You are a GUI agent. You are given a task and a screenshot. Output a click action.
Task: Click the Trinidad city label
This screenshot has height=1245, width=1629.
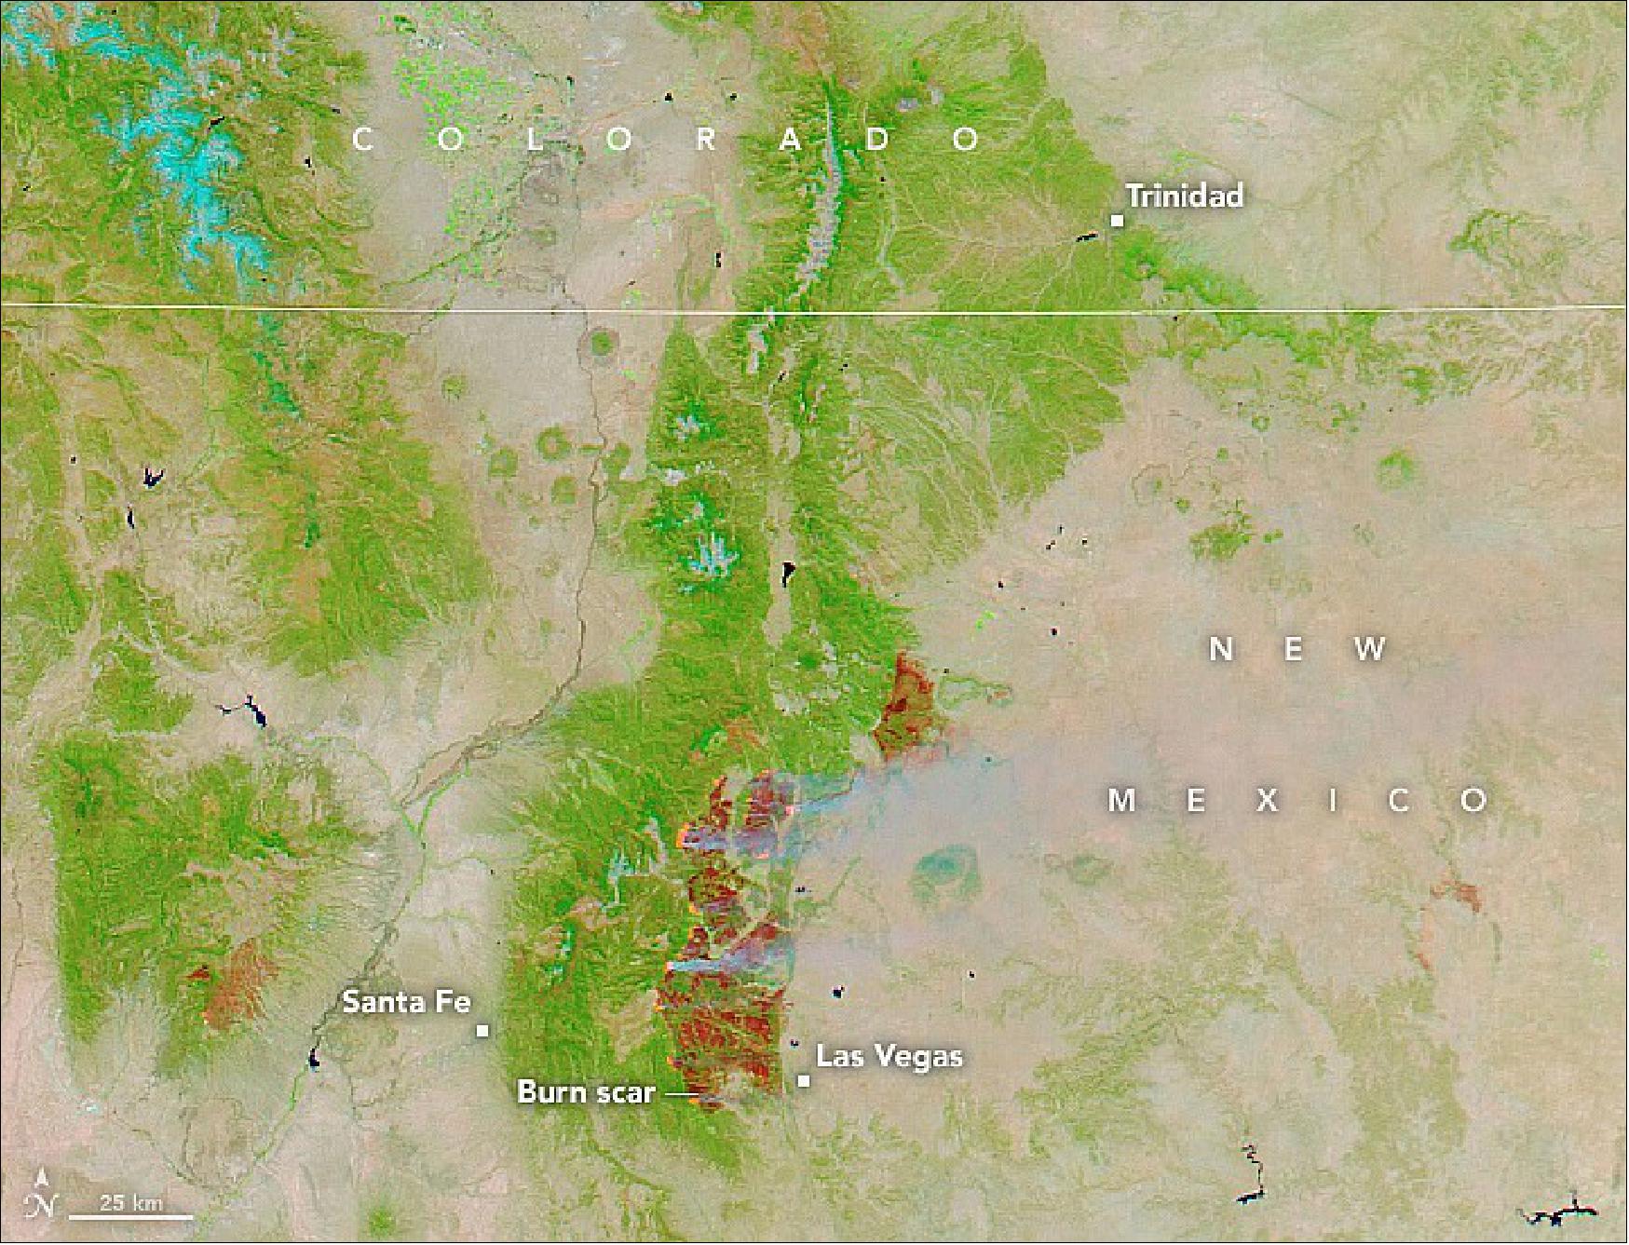(1184, 196)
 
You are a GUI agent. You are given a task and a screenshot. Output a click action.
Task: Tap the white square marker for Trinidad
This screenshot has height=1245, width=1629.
(1116, 221)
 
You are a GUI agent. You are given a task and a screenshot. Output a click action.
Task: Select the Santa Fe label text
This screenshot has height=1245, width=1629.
(406, 1002)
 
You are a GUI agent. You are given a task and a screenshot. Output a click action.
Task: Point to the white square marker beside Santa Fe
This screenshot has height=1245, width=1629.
(482, 1030)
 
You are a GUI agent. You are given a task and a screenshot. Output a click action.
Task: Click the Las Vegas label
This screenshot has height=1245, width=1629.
(889, 1056)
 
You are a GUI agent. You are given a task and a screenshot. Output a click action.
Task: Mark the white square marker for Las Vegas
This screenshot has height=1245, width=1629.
(803, 1080)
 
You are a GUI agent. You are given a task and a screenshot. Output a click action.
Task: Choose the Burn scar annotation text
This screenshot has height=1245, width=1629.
(586, 1091)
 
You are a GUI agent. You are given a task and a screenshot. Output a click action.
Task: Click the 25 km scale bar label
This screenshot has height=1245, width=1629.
(130, 1203)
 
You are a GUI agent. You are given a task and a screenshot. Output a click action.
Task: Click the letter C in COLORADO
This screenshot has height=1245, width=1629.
(363, 140)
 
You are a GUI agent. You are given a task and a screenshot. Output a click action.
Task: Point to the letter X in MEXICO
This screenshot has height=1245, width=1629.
(1266, 800)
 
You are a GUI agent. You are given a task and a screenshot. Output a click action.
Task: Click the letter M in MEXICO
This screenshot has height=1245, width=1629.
(1122, 800)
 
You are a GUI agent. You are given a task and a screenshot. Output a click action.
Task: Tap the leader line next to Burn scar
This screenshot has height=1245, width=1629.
(680, 1096)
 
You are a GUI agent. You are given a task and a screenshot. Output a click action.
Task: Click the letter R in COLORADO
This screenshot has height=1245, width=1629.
(705, 140)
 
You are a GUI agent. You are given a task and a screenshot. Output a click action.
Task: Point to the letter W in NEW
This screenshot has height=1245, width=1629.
(1370, 649)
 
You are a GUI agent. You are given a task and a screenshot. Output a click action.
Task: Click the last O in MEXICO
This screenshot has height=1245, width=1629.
(1473, 800)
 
